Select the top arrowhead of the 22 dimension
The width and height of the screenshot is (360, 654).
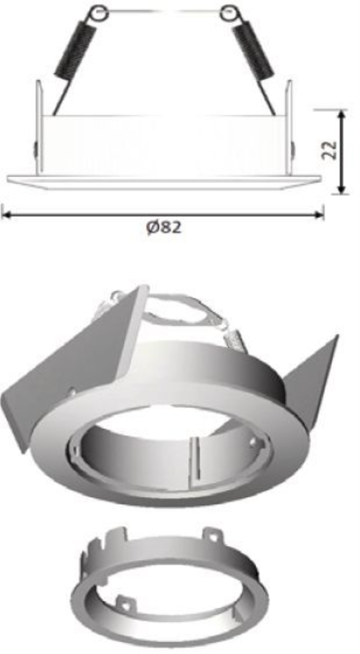click(341, 115)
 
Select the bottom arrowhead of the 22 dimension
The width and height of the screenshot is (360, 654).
click(341, 188)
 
